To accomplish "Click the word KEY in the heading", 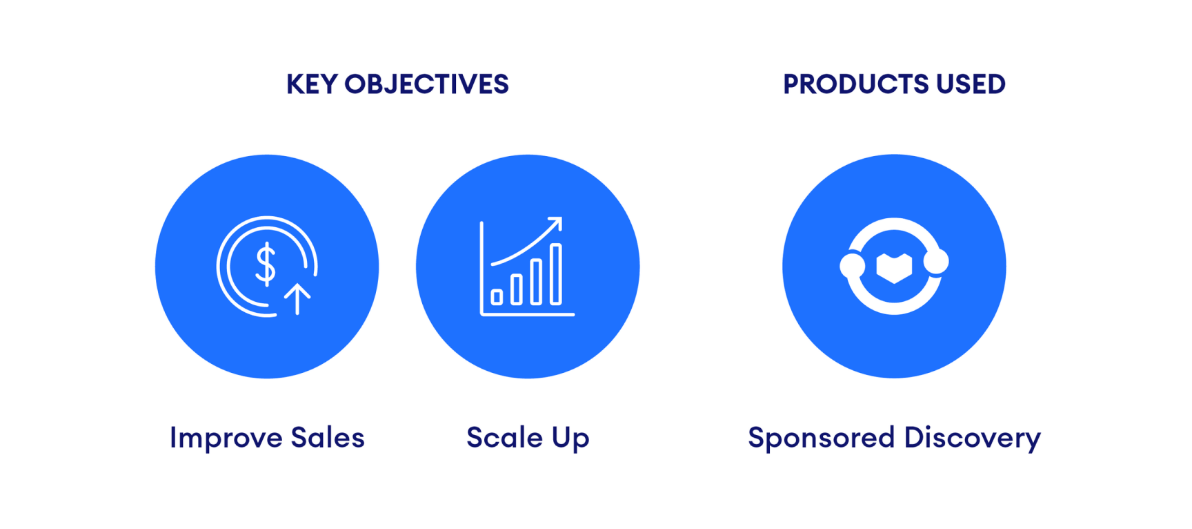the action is click(311, 84).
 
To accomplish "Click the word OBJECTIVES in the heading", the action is click(426, 84).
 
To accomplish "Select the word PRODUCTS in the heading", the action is click(855, 84).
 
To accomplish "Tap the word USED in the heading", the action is click(971, 84).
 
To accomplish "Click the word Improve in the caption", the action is click(226, 439).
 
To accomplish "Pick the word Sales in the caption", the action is click(328, 438).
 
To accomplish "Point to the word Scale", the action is click(504, 438).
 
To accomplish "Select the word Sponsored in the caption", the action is click(821, 439).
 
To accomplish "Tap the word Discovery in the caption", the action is click(972, 439).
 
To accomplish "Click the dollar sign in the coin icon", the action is click(266, 264).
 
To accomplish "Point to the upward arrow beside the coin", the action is click(297, 298).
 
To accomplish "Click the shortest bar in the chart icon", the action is click(497, 298).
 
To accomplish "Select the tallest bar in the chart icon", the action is click(556, 274).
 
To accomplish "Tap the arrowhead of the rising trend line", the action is click(555, 224).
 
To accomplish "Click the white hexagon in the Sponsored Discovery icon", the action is click(894, 267).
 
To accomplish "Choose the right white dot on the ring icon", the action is click(936, 261).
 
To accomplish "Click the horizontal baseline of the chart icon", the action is click(528, 315).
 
